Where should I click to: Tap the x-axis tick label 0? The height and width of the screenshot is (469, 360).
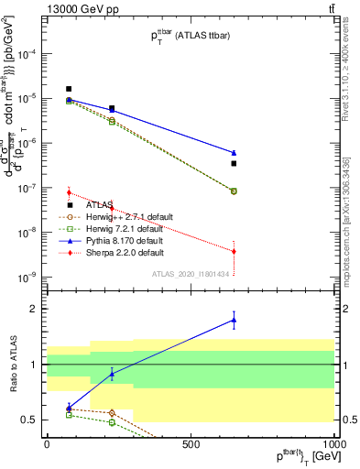tap(47, 443)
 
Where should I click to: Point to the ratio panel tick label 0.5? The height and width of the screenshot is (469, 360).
tap(27, 420)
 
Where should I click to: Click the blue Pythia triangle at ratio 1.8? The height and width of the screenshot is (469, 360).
tap(234, 320)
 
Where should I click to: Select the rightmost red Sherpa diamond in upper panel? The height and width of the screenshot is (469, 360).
tap(234, 251)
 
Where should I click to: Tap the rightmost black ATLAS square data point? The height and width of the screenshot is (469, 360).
tap(234, 163)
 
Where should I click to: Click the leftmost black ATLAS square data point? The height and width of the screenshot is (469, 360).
tap(69, 89)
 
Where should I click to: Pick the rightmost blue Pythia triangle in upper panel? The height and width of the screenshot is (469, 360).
tap(234, 152)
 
